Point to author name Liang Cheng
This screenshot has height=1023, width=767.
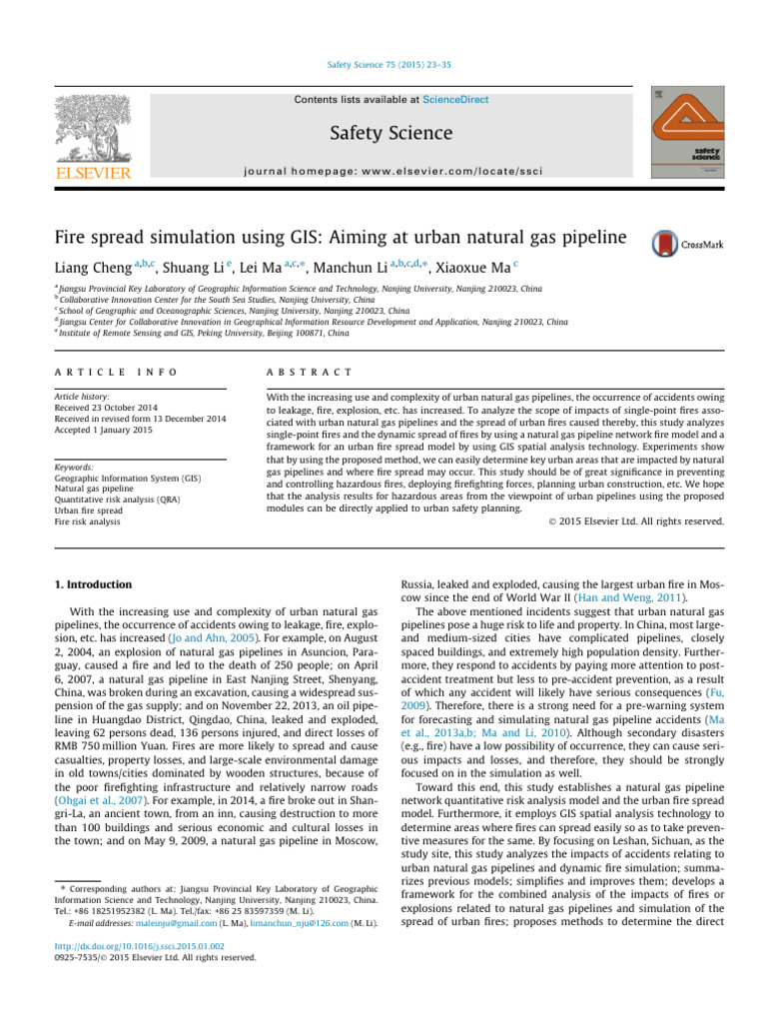coord(92,269)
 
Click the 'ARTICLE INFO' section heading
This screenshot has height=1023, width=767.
coord(117,372)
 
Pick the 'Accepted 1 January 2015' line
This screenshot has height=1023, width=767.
coord(104,431)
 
